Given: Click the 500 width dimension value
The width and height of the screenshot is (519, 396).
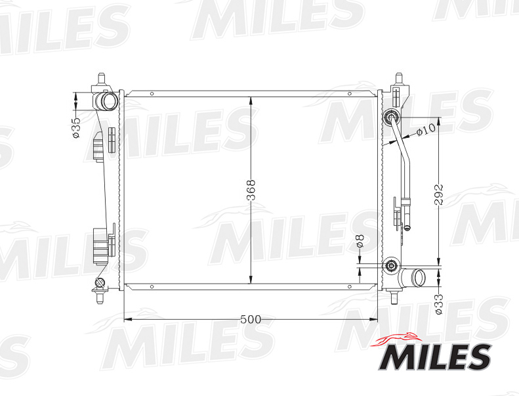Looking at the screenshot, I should pos(251,319).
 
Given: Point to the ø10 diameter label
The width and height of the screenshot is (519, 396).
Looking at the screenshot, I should pos(426,129).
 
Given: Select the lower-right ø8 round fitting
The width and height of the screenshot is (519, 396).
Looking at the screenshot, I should pos(391,266).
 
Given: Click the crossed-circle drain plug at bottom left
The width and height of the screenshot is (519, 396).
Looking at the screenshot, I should pos(100,284).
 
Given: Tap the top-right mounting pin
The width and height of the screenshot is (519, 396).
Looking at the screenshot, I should pos(400,80).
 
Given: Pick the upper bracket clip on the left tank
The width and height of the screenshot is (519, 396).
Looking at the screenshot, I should pos(98,146).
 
